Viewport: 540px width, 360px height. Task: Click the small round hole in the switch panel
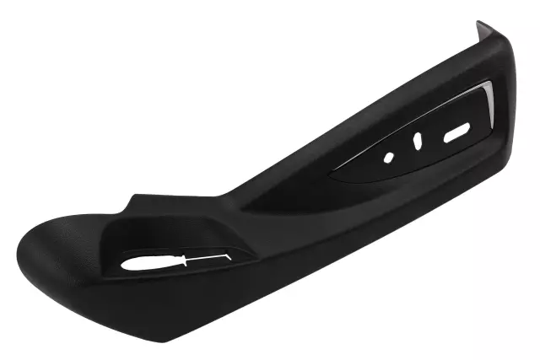click(x=389, y=157)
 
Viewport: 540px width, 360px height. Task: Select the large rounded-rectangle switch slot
click(x=456, y=132)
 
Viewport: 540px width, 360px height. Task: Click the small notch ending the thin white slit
click(x=226, y=252)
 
